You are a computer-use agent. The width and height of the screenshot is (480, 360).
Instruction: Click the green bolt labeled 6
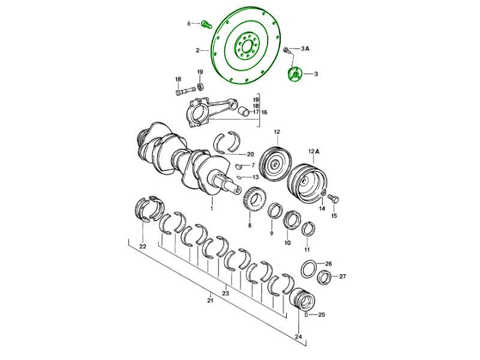click(x=206, y=24)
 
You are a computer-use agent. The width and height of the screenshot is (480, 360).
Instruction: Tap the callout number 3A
click(x=305, y=49)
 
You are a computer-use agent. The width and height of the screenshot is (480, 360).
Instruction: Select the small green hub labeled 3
click(x=295, y=74)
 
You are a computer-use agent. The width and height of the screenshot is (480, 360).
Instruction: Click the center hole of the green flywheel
click(x=246, y=47)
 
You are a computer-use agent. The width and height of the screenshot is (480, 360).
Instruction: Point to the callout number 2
click(x=198, y=50)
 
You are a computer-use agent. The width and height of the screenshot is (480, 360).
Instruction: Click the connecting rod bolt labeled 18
click(x=186, y=91)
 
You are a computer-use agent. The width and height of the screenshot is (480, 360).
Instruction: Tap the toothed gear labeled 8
click(x=254, y=199)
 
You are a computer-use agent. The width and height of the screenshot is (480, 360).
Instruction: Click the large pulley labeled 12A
click(x=308, y=184)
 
